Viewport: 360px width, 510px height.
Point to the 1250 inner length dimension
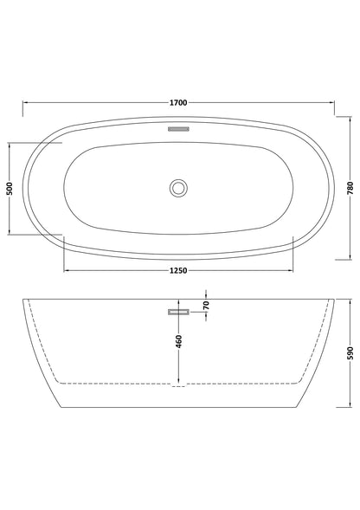pos(178,271)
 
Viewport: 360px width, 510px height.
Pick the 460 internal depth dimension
pos(177,342)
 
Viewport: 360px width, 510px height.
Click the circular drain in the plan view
pos(178,186)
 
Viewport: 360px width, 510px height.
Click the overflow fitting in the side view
pos(178,310)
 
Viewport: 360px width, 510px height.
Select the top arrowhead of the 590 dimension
pos(342,303)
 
